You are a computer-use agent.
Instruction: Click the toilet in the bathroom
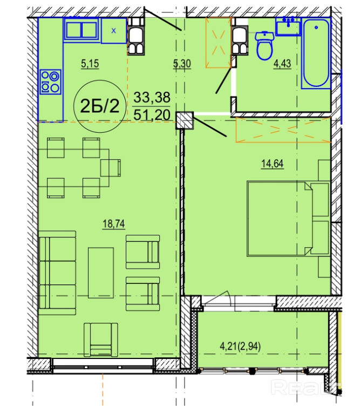[x=264, y=45]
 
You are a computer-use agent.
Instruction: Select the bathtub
[x=316, y=53]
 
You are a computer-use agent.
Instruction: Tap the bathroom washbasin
[x=288, y=26]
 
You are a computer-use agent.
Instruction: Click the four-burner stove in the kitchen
[x=50, y=82]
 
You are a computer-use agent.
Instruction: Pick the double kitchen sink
[x=81, y=29]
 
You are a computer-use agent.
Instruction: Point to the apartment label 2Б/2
[x=99, y=106]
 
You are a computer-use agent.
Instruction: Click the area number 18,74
[x=114, y=224]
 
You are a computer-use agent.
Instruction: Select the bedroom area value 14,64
[x=273, y=164]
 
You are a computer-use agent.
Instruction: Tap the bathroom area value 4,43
[x=282, y=64]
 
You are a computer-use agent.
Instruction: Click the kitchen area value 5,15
[x=90, y=64]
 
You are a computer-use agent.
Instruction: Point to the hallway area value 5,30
[x=182, y=64]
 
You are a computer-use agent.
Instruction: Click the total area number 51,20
[x=152, y=115]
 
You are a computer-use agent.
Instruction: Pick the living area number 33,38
[x=152, y=97]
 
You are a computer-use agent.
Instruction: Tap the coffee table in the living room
[x=101, y=273]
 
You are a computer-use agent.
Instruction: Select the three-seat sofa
[x=57, y=273]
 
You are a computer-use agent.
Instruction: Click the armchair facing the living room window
[x=101, y=340]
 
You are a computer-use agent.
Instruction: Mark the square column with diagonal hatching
[x=185, y=120]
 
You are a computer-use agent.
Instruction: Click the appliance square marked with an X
[x=113, y=31]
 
